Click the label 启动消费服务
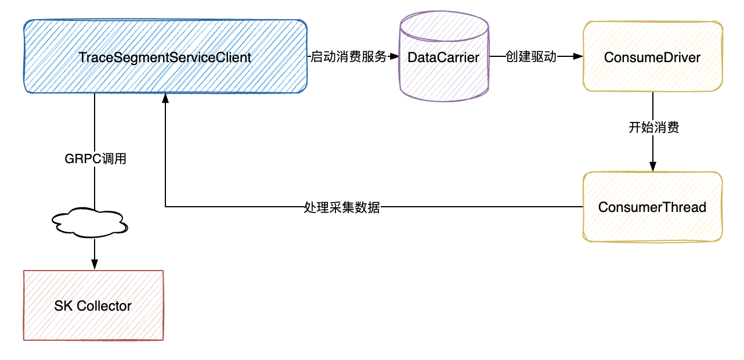[348, 57]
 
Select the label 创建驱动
[530, 57]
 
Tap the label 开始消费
[653, 128]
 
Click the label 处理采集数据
[342, 207]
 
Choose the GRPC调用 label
[95, 159]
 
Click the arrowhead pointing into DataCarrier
[394, 57]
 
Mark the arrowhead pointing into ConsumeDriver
[577, 57]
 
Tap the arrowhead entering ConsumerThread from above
[653, 167]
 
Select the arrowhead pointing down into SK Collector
[94, 265]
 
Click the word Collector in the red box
[104, 306]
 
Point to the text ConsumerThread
[652, 207]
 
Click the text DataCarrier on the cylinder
[443, 57]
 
